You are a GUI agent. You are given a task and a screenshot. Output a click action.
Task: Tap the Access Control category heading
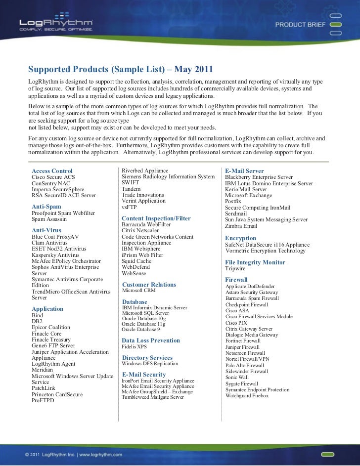click(52, 171)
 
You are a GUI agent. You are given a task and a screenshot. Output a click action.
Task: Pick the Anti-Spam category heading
click(46, 206)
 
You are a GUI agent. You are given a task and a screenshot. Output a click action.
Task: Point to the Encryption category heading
click(241, 238)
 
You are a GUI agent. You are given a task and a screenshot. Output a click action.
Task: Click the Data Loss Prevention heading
click(150, 340)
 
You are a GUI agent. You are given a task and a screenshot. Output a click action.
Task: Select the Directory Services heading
click(147, 358)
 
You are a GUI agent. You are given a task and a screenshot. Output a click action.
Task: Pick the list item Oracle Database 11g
click(144, 324)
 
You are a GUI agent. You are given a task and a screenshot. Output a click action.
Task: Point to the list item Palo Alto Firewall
click(245, 365)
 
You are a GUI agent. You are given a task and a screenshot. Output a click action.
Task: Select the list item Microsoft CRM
click(138, 291)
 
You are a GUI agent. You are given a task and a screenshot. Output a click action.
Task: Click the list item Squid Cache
click(136, 261)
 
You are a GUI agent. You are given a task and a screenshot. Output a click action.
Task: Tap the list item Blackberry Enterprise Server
click(259, 177)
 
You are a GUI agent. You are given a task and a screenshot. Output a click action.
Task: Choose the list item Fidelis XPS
click(135, 347)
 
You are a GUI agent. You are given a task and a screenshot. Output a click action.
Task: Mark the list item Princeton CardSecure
click(57, 395)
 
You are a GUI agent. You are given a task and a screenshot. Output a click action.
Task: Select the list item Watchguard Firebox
click(247, 396)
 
